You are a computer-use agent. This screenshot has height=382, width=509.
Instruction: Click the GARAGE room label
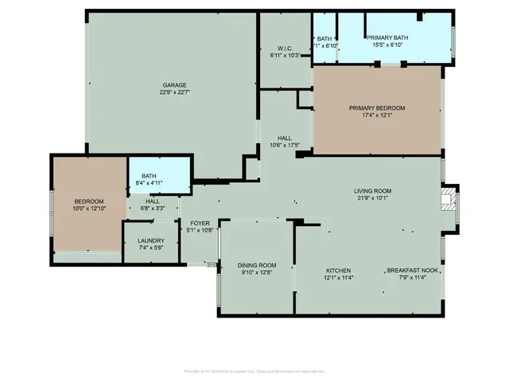coord(175,85)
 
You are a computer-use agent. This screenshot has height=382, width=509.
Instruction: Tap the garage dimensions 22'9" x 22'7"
coord(175,93)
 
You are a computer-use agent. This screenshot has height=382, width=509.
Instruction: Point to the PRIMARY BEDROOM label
coord(377,108)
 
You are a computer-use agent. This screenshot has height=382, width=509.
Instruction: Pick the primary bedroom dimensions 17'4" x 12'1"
coord(377,116)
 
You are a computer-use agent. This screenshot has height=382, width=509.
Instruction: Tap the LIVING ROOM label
coord(373,190)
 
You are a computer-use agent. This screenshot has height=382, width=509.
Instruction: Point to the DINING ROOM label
coord(257,265)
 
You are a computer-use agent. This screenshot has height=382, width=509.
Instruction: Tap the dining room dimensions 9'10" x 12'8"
coord(257,273)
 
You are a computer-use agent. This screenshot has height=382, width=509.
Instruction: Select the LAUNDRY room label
coord(151,240)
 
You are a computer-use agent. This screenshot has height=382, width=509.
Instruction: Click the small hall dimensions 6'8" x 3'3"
coord(152,209)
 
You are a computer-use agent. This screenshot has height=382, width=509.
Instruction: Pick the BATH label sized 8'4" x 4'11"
coord(150,176)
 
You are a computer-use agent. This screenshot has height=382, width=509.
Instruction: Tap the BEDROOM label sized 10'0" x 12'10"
coord(89,201)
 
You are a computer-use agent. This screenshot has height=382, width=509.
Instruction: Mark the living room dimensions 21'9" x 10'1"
coord(373,198)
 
